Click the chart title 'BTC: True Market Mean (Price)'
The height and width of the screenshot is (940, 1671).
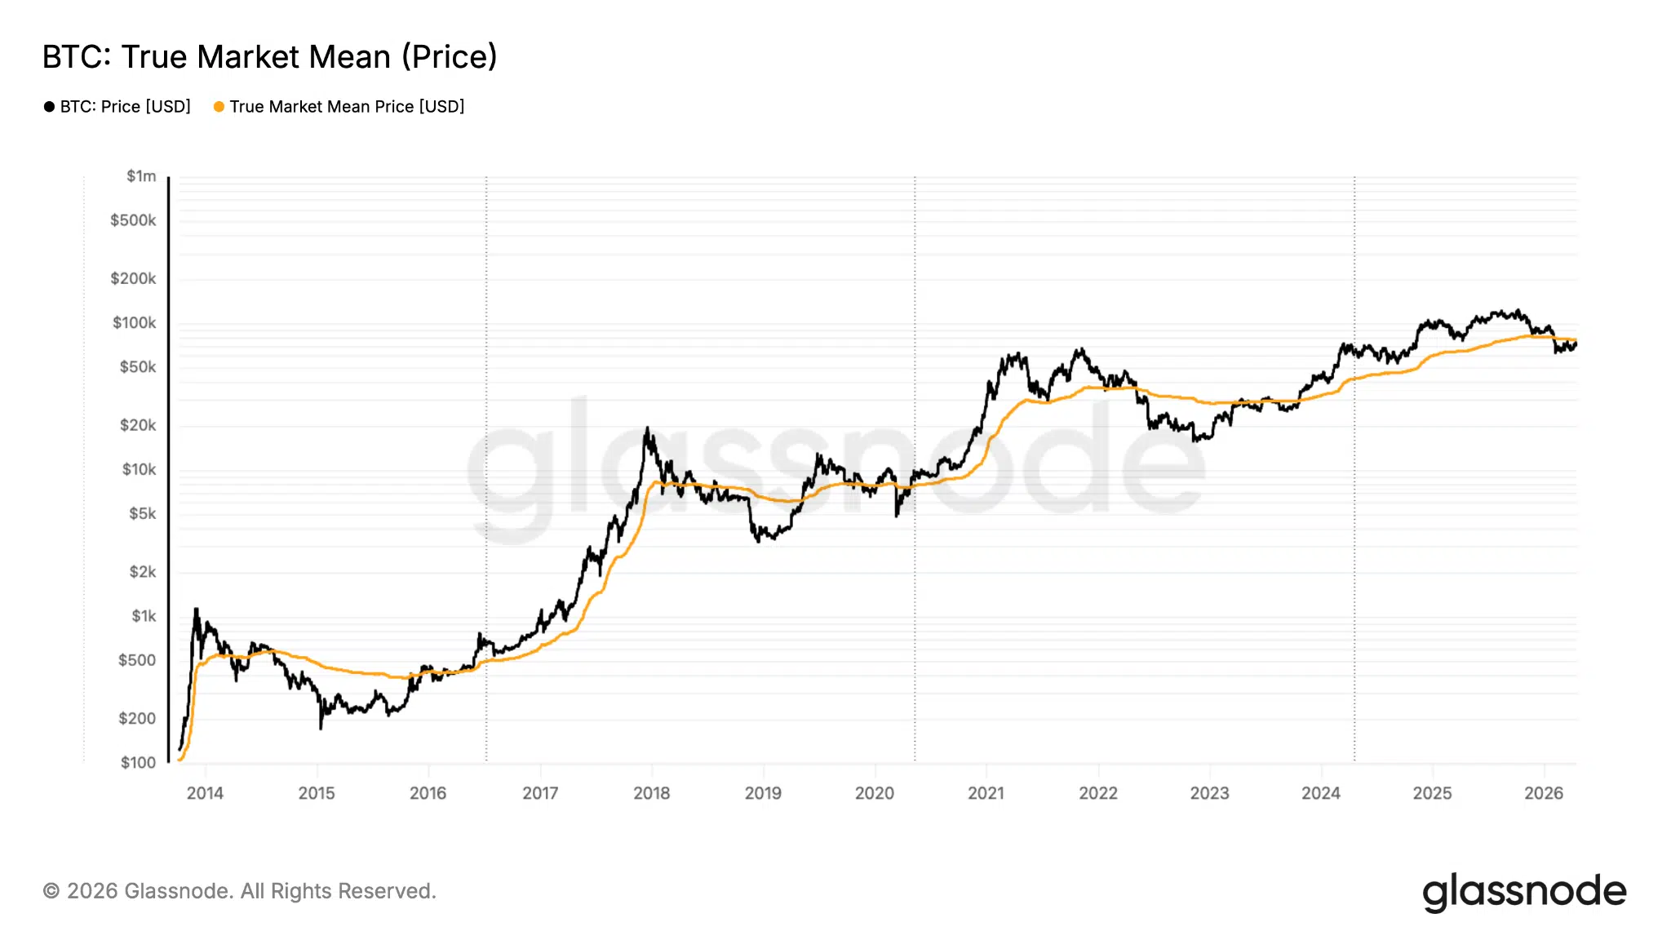tap(269, 57)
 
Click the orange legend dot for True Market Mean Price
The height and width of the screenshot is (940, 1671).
tap(219, 107)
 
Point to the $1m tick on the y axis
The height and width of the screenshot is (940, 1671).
tap(141, 176)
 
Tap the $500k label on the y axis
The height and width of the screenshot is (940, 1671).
tap(133, 220)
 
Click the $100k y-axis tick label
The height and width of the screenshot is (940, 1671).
tap(134, 323)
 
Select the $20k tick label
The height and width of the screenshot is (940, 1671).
tap(137, 425)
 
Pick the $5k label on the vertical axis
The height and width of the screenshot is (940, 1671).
tap(142, 513)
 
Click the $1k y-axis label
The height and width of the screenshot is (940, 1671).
tap(144, 616)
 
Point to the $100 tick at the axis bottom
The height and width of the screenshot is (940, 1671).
tap(138, 762)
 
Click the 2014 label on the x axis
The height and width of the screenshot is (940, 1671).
tap(205, 793)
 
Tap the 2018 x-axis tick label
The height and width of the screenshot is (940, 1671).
tap(651, 793)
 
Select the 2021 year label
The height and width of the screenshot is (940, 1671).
tap(986, 793)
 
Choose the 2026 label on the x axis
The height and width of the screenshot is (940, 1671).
tap(1544, 793)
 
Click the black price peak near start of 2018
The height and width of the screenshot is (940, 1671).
tap(647, 429)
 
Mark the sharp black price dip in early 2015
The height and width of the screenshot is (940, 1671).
tap(321, 725)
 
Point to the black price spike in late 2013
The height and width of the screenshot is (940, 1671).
tap(196, 610)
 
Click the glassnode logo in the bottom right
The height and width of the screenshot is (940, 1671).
tap(1523, 892)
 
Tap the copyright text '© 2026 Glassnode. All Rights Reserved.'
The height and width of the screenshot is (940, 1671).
tap(239, 891)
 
